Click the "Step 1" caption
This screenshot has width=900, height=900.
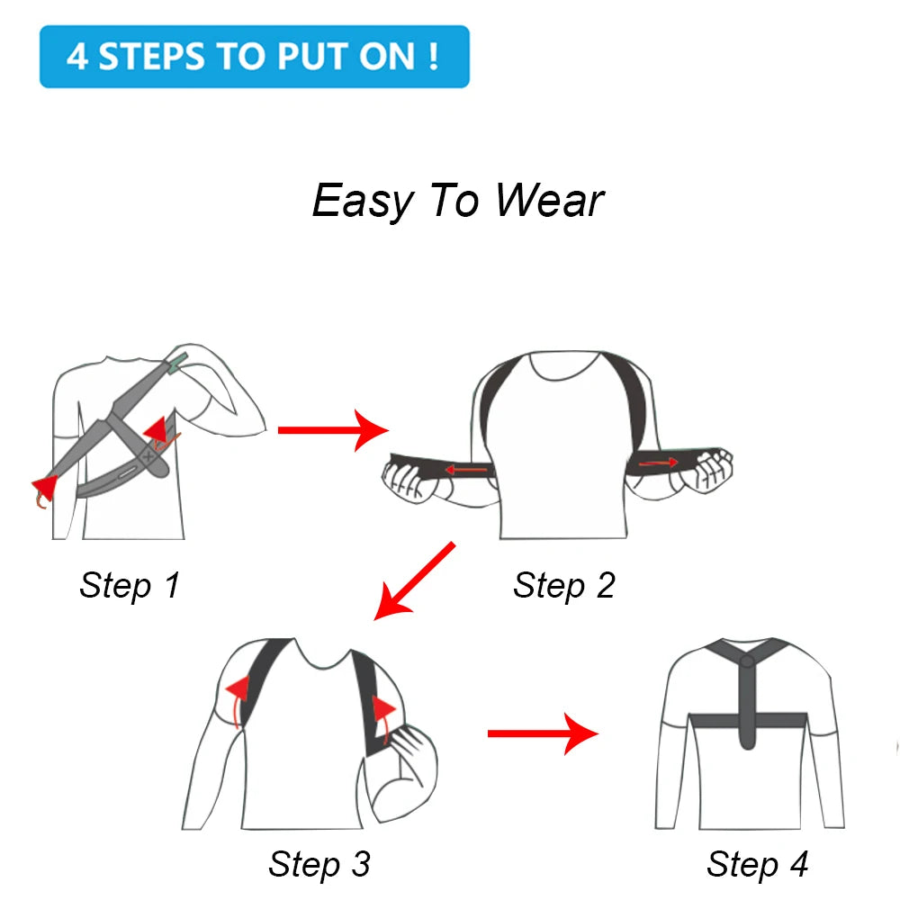130,585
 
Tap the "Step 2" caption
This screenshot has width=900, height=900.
563,585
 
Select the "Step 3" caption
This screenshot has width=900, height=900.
319,864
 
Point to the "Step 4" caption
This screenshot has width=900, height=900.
757,864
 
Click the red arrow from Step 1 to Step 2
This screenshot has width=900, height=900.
331,430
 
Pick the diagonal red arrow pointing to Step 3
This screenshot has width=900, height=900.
414,580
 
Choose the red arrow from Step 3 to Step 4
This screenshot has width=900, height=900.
542,733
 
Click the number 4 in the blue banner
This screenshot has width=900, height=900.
77,56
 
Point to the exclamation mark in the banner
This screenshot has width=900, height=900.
434,56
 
